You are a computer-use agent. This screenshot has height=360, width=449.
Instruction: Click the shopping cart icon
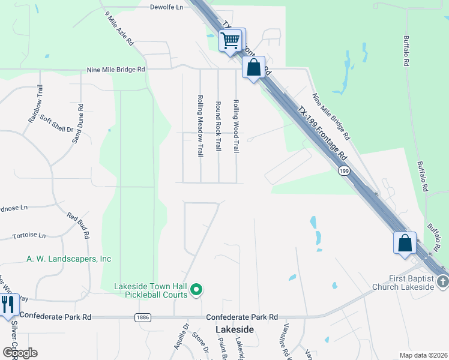[x=231, y=40]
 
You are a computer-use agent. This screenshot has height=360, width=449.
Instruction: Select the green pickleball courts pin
[x=196, y=291]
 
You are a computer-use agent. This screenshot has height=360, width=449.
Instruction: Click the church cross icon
[x=442, y=280]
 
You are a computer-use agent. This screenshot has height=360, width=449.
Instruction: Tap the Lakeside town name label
[x=235, y=330]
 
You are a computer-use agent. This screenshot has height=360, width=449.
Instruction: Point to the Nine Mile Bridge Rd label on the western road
[x=116, y=70]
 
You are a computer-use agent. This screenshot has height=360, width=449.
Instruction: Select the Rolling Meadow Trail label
[x=200, y=125]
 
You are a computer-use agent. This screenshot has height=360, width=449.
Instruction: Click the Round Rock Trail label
[x=218, y=126]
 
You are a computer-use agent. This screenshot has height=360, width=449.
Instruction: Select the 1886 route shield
[x=142, y=317]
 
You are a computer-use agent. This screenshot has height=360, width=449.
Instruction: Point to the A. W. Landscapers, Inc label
[x=69, y=259]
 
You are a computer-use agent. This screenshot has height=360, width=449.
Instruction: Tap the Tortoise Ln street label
[x=29, y=236]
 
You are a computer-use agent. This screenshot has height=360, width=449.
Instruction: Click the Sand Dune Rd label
[x=77, y=124]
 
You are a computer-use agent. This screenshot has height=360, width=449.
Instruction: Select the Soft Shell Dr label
[x=56, y=123]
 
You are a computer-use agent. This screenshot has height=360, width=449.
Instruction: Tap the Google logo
[x=20, y=352]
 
